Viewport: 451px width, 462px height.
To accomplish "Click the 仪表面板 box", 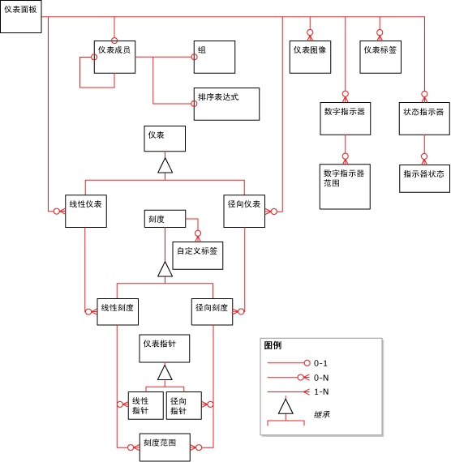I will click(x=20, y=16).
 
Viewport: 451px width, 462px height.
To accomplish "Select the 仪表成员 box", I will click(x=114, y=57).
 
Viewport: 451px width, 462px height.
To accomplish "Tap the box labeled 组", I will click(x=214, y=57).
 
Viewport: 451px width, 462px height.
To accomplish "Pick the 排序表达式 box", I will click(x=227, y=103).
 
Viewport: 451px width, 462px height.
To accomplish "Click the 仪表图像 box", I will click(x=309, y=56).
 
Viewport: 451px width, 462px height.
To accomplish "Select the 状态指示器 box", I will click(x=424, y=118).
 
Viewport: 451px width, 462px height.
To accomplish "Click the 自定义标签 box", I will click(x=197, y=255).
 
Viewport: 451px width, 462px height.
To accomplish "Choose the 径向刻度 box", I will click(x=212, y=312).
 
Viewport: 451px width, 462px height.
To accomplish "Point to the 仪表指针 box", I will click(x=165, y=349).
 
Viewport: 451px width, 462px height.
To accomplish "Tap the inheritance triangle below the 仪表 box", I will click(x=165, y=165).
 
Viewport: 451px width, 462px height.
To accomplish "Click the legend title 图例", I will click(x=273, y=345).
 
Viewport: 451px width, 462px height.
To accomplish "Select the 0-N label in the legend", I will click(x=321, y=378).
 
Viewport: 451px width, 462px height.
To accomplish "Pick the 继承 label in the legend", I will click(x=322, y=415).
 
